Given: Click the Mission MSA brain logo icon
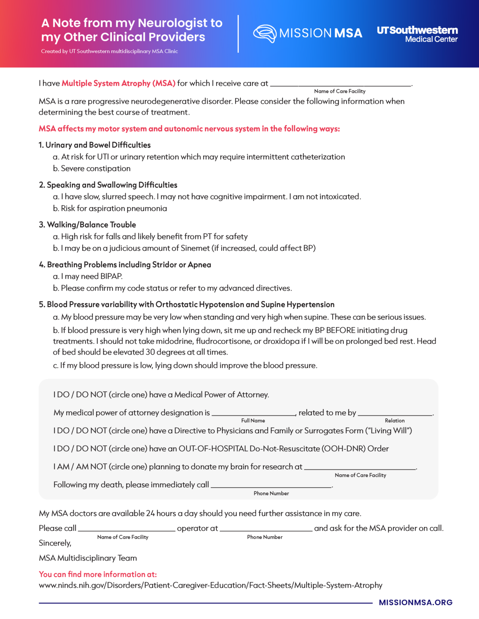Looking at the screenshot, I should point(265,33).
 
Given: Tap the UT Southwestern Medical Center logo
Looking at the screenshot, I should point(417,34).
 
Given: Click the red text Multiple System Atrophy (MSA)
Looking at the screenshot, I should point(118,83).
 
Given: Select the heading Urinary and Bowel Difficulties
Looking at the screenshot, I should point(98,145).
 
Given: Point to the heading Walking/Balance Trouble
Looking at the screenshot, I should point(91,225).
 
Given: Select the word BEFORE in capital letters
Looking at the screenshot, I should point(341,330).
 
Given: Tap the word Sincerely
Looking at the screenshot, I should point(55,543).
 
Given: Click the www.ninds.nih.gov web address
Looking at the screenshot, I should point(210,586).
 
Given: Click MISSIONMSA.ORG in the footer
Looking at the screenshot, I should point(415,602).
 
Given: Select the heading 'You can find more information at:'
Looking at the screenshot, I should point(98,575).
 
